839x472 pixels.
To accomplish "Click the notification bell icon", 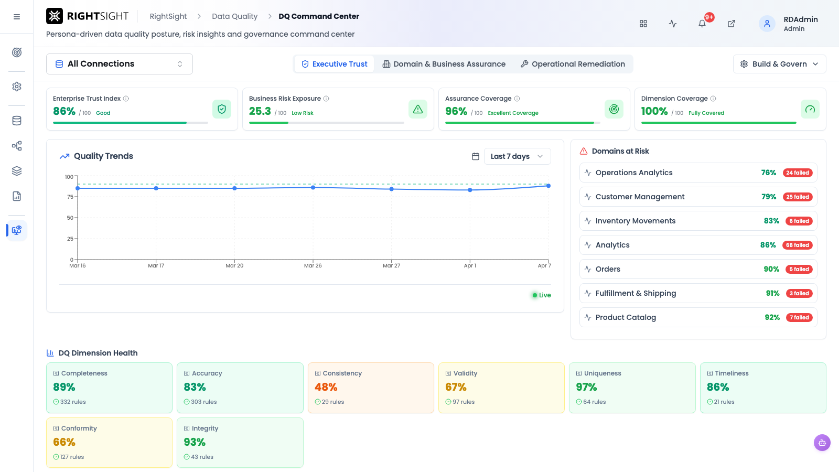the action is point(702,24).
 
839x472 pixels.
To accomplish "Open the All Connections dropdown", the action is point(119,63).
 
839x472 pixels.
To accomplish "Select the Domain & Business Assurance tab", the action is point(444,64).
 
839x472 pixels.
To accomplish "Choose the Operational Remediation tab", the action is point(573,64).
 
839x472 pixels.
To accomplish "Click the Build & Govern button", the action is point(779,64).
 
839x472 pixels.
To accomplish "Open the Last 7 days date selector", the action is point(517,156).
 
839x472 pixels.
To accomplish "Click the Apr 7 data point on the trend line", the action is point(548,186).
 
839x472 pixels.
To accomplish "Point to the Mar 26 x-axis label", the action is point(313,265).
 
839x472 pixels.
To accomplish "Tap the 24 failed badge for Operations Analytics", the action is point(798,173).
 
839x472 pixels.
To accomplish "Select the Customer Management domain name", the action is point(640,197).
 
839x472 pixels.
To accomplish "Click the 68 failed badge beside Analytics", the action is point(798,245).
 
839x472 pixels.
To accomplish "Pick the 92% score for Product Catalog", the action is point(772,317).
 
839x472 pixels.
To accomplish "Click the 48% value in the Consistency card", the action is point(326,387).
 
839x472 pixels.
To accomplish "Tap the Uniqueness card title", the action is point(603,373).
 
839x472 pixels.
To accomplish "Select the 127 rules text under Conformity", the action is point(72,457).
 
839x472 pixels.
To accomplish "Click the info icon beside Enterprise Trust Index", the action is point(126,99).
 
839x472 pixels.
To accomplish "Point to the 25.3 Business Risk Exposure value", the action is point(260,111).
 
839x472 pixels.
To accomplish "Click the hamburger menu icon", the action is point(17,17).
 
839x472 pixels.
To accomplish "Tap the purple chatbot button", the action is point(822,443).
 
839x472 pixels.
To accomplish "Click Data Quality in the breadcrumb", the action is point(235,16).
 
